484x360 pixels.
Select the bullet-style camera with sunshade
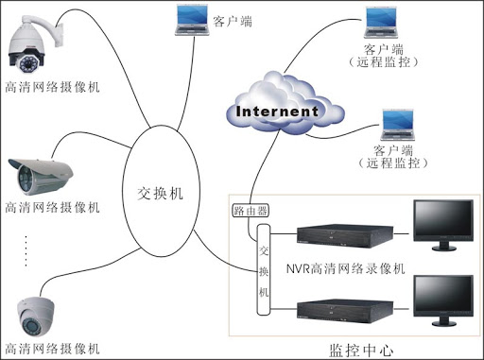coord(43,175)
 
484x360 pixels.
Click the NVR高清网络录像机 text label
coord(346,269)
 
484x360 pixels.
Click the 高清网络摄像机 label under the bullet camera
coord(53,207)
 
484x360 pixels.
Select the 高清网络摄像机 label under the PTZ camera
coord(53,87)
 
